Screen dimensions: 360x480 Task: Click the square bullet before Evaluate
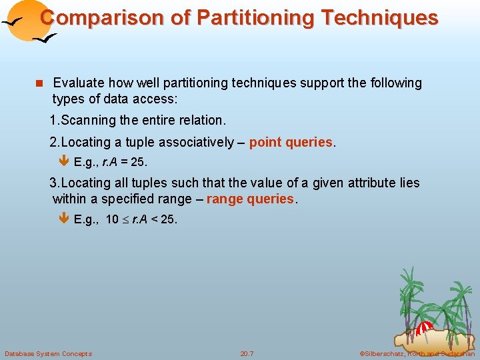click(x=39, y=83)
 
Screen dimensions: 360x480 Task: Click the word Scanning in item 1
click(x=89, y=120)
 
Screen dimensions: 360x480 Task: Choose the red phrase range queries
click(x=250, y=199)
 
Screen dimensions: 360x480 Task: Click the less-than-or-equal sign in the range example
click(x=125, y=220)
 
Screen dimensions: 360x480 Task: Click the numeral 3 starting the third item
click(x=53, y=183)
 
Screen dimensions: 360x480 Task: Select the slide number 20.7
click(x=247, y=353)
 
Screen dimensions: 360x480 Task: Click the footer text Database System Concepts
click(x=48, y=353)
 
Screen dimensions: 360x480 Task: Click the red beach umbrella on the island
click(x=425, y=327)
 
